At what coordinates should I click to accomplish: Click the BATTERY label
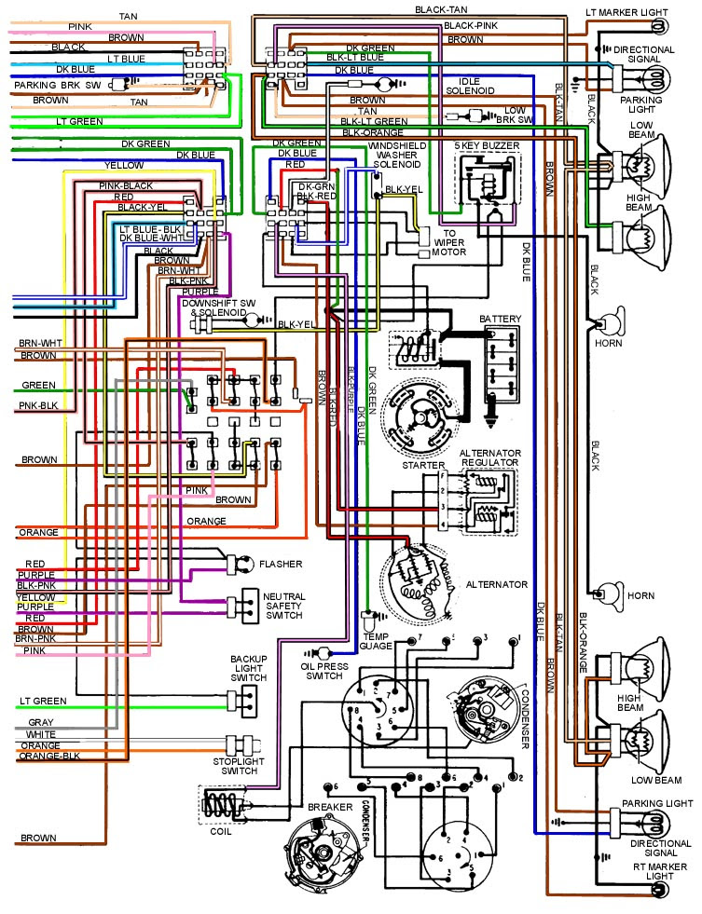coord(501,320)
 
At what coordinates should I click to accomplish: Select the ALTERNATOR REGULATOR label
coord(489,458)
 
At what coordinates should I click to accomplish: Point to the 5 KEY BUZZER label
coord(487,146)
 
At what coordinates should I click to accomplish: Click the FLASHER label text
coord(280,564)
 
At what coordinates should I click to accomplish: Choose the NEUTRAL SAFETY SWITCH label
coord(283,606)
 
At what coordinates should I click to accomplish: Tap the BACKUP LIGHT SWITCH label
coord(249,668)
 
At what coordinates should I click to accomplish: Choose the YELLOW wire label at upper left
coord(124,166)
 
